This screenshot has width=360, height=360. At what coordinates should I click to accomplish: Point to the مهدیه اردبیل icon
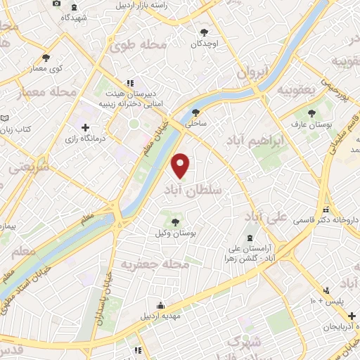[x=161, y=305]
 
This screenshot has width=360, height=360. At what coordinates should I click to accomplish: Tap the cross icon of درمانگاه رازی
[x=85, y=127]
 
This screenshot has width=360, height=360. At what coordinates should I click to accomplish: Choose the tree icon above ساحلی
[x=195, y=112]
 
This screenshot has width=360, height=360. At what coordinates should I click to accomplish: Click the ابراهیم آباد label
[x=255, y=141]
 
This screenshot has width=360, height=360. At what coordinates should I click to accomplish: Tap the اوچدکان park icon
[x=205, y=32]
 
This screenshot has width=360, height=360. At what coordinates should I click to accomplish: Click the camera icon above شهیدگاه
[x=57, y=4]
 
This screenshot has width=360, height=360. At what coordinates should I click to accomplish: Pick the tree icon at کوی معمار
[x=46, y=58]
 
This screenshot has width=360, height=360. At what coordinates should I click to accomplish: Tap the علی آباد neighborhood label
[x=270, y=216]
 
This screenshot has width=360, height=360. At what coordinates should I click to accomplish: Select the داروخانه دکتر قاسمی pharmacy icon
[x=325, y=210]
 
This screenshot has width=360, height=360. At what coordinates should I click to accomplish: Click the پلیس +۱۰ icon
[x=326, y=290]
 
